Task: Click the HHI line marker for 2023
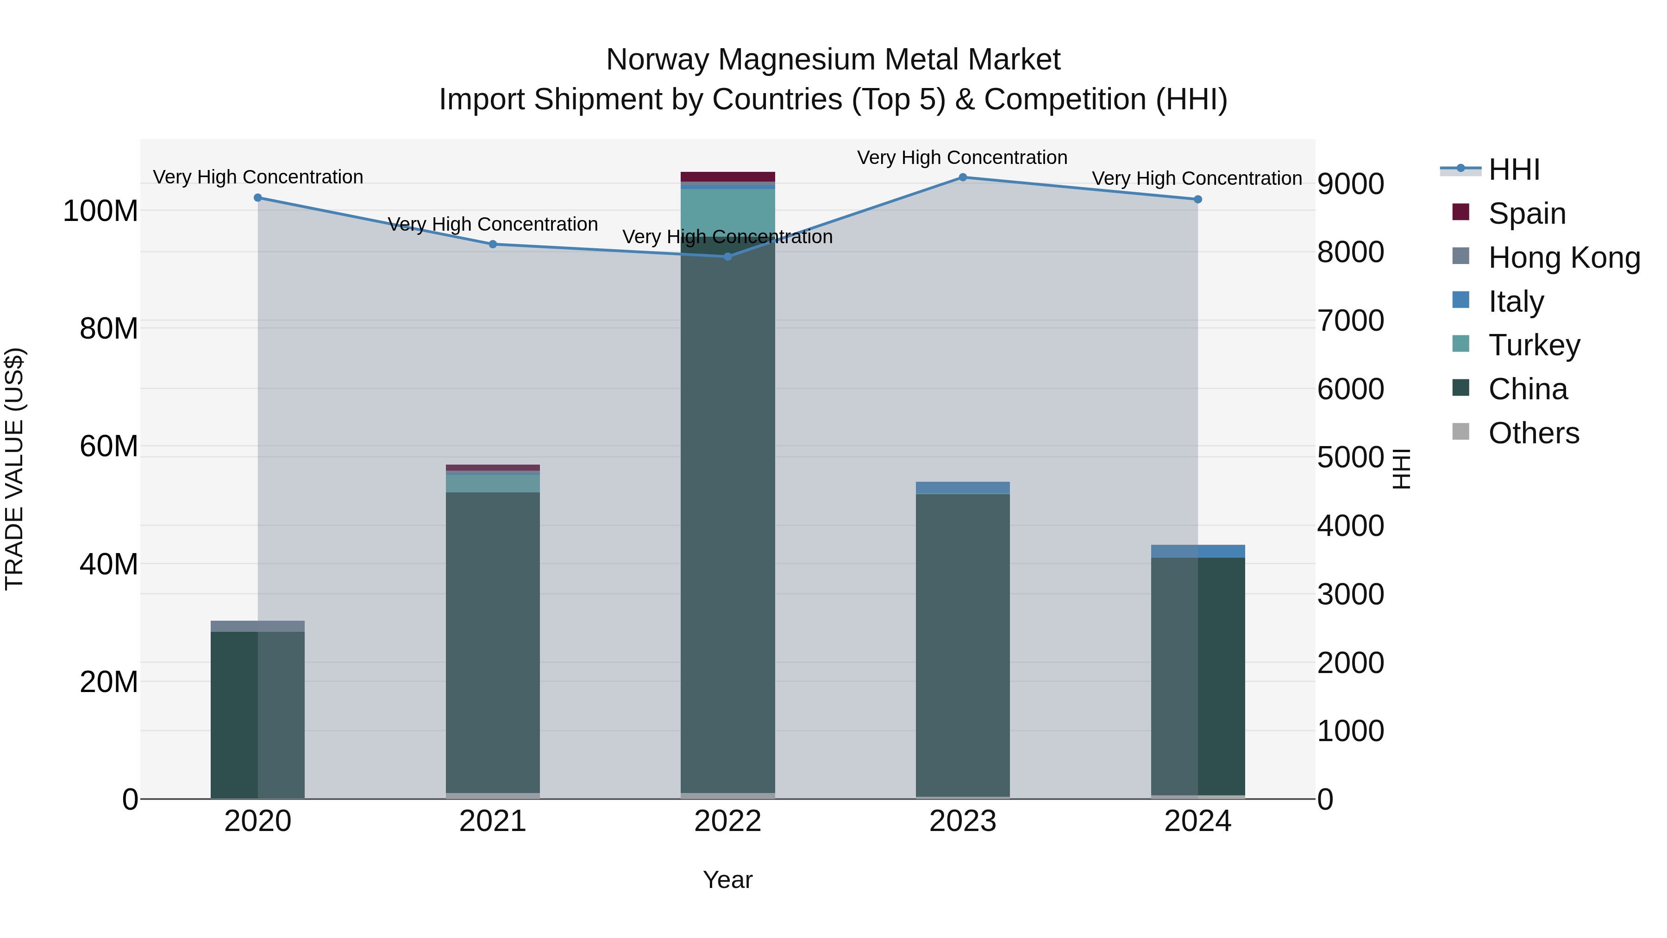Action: [x=962, y=177]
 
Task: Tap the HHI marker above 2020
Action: [x=257, y=197]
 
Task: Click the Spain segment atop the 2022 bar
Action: [x=727, y=177]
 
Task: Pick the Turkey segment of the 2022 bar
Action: [x=727, y=210]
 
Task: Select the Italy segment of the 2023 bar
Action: [x=962, y=487]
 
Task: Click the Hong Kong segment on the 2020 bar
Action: [x=257, y=626]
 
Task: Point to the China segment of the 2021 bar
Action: [x=493, y=641]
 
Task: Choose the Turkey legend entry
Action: [x=1534, y=345]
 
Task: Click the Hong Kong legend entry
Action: [x=1563, y=258]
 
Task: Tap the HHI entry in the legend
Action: [x=1513, y=170]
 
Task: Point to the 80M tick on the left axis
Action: [x=109, y=329]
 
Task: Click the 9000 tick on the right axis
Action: [x=1351, y=184]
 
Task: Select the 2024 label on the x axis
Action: [x=1197, y=821]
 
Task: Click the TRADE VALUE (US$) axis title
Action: [x=14, y=469]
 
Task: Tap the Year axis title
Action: [x=727, y=880]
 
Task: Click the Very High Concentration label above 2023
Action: [x=962, y=157]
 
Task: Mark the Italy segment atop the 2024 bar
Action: [x=1197, y=551]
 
